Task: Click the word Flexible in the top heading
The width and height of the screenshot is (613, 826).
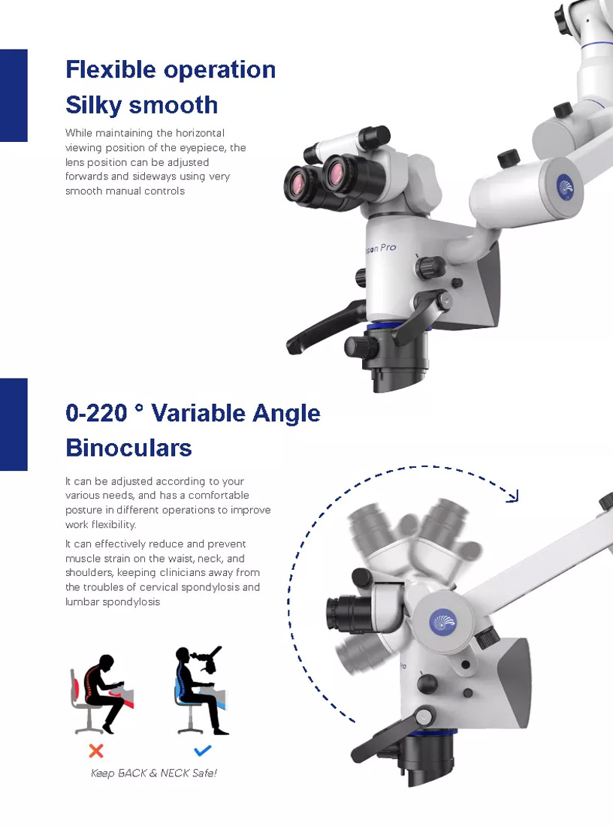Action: [110, 70]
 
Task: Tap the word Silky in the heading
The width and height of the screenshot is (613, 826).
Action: [93, 105]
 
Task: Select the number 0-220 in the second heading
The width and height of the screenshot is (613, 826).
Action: [96, 413]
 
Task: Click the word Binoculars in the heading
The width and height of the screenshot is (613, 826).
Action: [128, 448]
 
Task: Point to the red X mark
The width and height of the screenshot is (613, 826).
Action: [96, 751]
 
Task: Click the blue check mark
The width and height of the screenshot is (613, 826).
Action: [202, 750]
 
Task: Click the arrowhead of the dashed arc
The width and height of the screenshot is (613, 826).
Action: [513, 496]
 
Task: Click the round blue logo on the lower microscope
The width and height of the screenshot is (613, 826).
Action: [442, 623]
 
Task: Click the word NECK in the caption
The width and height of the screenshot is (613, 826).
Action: [174, 773]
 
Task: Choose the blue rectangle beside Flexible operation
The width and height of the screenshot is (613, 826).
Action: [14, 95]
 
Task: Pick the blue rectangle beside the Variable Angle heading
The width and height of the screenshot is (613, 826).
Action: [14, 424]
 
